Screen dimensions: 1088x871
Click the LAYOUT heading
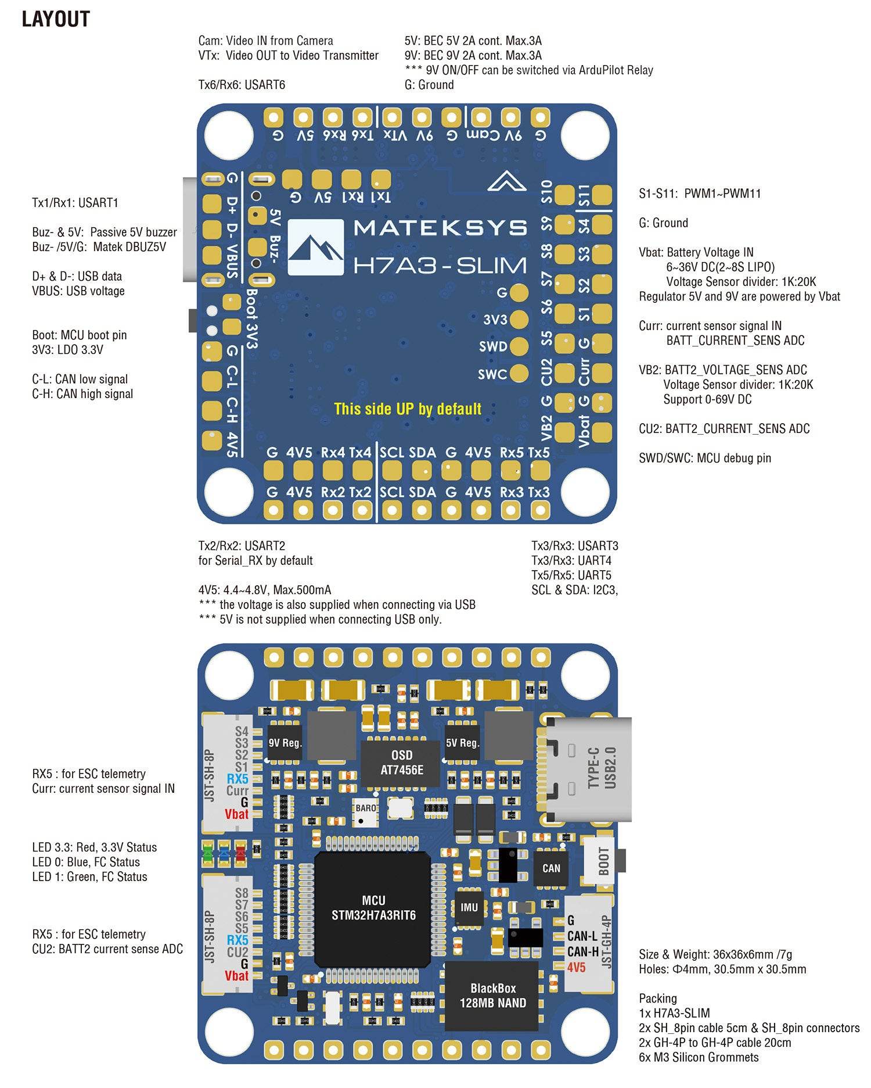coord(56,19)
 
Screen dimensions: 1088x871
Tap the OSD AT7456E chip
coord(401,762)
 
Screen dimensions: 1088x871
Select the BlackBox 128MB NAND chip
coord(492,995)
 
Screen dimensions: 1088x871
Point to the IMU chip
coord(469,907)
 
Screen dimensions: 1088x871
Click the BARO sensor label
coord(365,808)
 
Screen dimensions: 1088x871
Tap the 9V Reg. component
coord(285,743)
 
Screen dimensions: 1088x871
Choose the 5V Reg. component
coord(462,743)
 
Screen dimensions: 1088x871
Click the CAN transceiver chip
coord(550,868)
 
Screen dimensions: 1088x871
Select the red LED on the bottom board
coord(240,854)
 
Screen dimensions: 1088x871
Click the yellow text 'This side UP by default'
coord(408,409)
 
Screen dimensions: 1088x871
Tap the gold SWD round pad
coord(519,346)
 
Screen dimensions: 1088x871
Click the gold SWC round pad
coord(519,374)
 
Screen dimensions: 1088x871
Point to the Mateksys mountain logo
coord(315,247)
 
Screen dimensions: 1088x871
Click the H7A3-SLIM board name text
coord(440,266)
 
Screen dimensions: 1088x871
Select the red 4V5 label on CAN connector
coord(577,967)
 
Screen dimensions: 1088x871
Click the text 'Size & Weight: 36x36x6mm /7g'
coord(715,954)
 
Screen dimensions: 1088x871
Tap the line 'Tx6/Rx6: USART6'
coord(242,85)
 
